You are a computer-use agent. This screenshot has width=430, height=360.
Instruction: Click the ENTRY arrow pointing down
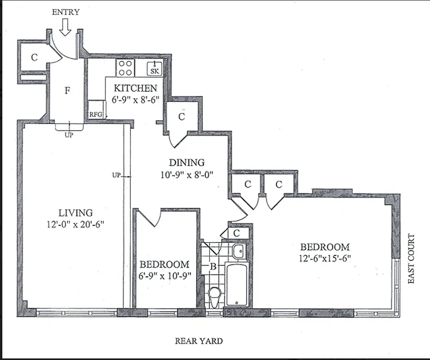tap(65, 28)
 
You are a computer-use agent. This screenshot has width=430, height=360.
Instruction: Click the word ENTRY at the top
tap(65, 12)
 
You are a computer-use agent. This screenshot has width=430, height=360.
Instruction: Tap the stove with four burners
tap(125, 68)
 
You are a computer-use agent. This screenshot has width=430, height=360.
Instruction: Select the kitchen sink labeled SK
tap(154, 68)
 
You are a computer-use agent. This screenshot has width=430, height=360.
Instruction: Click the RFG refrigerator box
tap(96, 114)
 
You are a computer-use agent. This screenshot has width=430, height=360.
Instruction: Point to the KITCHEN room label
tap(135, 88)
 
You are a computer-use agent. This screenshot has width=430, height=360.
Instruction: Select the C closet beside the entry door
tap(34, 58)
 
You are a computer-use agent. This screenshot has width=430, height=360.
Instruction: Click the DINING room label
tap(186, 162)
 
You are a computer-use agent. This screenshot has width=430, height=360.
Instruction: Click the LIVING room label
tap(76, 213)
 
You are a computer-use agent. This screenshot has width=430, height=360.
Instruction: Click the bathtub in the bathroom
tap(236, 284)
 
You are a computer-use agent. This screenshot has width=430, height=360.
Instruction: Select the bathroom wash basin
tap(238, 251)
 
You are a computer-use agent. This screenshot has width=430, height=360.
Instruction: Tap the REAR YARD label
tap(198, 341)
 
